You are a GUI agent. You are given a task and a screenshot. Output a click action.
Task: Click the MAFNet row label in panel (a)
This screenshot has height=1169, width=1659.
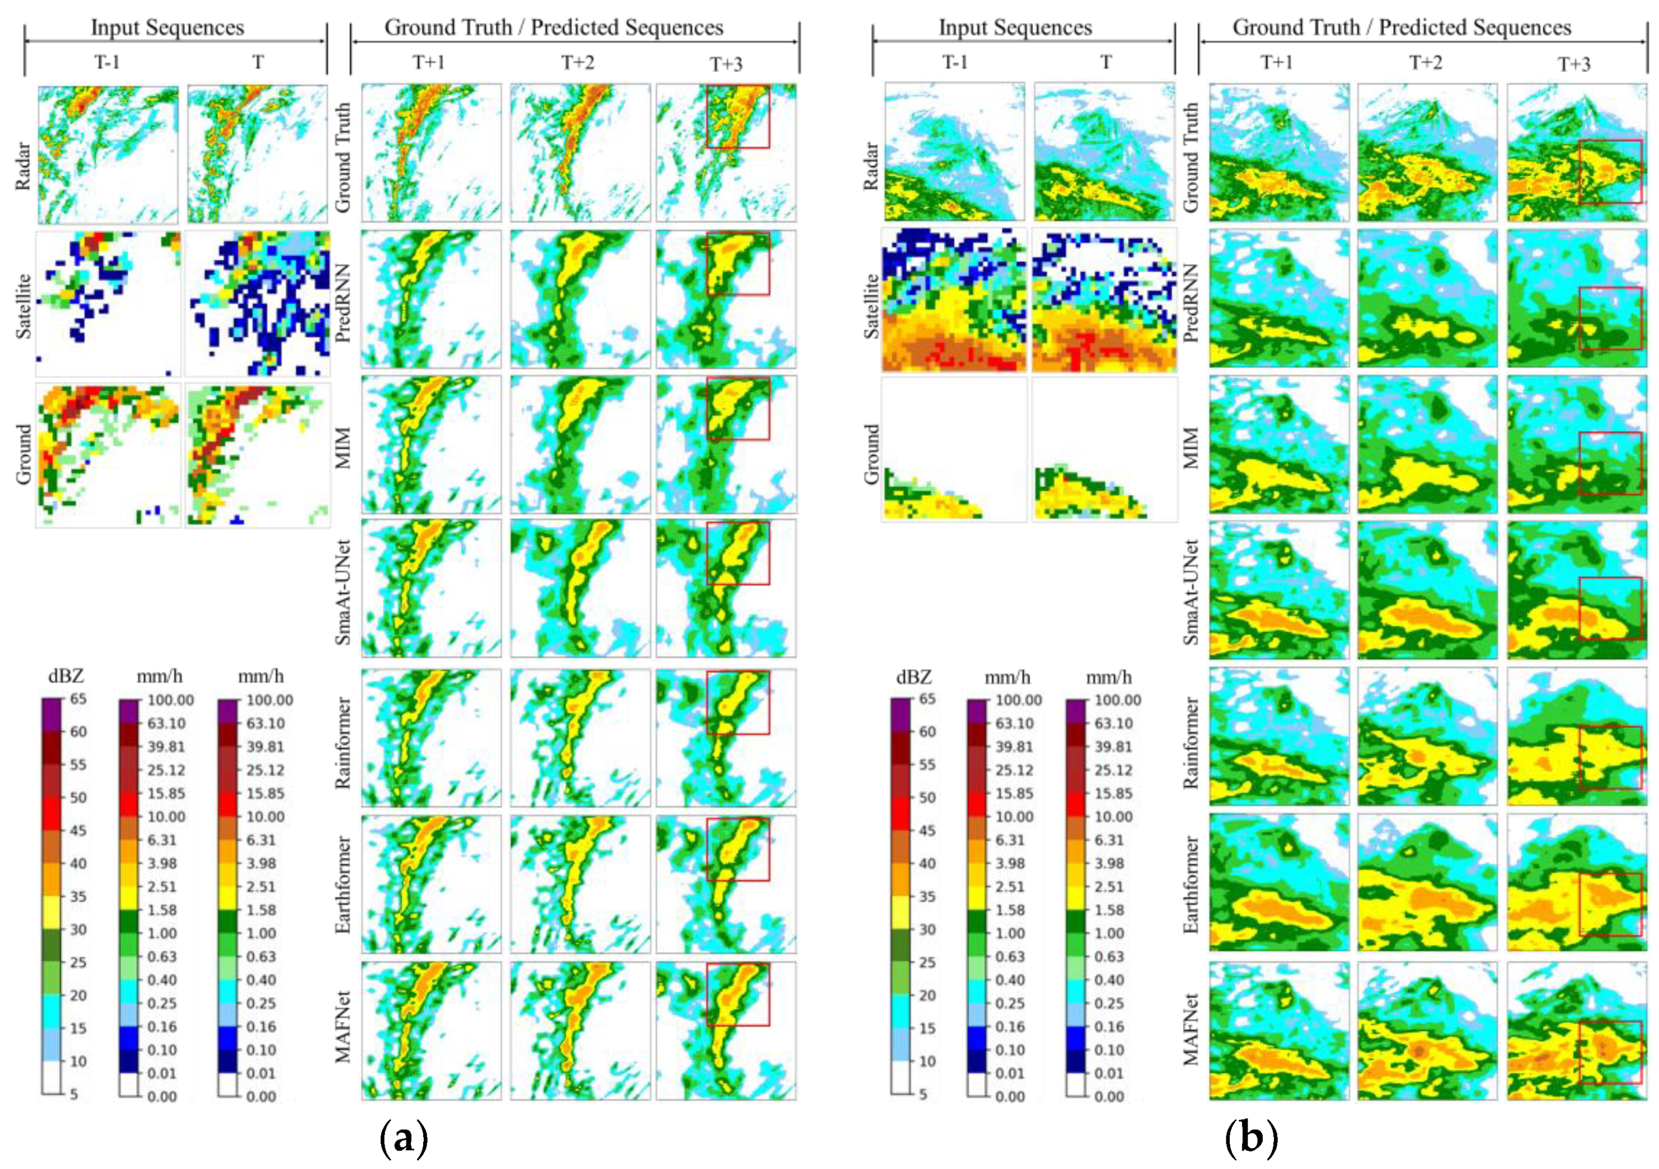[343, 1027]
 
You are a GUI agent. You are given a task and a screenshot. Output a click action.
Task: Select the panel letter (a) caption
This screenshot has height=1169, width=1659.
[403, 1139]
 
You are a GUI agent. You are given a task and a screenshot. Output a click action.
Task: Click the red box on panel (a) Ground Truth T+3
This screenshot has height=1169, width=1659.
[738, 117]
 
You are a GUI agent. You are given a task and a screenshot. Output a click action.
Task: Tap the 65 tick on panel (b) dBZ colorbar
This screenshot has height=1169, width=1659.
[927, 699]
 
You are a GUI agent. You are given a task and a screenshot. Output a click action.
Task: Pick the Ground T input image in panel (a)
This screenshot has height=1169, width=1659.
[257, 455]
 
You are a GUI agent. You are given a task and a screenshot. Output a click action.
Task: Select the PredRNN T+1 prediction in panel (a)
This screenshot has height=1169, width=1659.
[430, 299]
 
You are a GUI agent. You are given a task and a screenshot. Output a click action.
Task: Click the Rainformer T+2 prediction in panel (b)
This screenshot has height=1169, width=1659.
[1426, 737]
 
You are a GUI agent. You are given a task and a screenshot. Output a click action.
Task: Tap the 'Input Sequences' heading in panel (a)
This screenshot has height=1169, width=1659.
[167, 27]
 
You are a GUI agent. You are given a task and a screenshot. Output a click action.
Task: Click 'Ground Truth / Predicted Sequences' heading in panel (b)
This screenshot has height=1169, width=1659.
[1401, 27]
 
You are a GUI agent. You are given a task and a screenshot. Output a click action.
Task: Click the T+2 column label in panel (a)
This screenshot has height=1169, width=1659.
[578, 63]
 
